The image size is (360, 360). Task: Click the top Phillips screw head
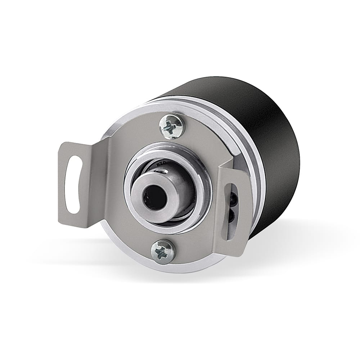(x=171, y=126)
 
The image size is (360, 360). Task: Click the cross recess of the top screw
(x=171, y=126)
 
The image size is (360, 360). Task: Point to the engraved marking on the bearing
(x=161, y=165)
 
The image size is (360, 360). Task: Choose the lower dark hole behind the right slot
(x=231, y=216)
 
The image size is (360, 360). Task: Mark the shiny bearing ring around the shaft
(x=194, y=173)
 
